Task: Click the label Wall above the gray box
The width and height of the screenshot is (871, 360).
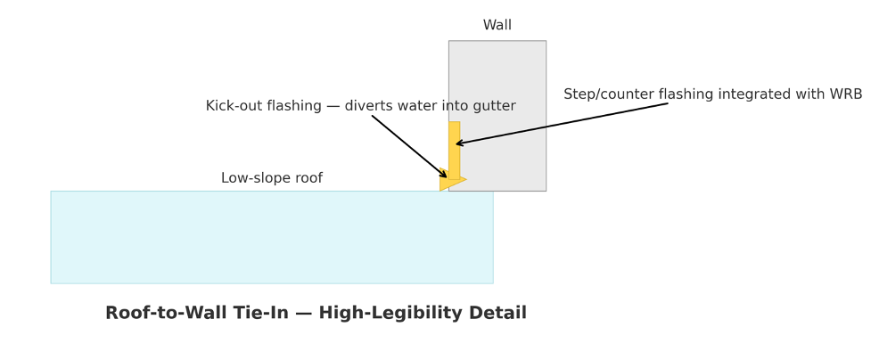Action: tap(497, 25)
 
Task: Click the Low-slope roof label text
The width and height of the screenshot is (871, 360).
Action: tap(272, 178)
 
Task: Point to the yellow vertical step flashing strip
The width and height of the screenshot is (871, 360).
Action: tap(455, 150)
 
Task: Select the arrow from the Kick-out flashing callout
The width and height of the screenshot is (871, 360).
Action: tap(409, 147)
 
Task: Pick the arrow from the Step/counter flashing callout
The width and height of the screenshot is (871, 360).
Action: tap(562, 124)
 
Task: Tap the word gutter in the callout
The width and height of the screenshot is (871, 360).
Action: tap(497, 106)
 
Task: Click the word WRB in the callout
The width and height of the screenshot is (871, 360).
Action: tap(845, 94)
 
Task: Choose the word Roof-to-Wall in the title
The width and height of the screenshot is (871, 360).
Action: tap(151, 313)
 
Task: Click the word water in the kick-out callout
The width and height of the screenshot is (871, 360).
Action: tap(405, 105)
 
